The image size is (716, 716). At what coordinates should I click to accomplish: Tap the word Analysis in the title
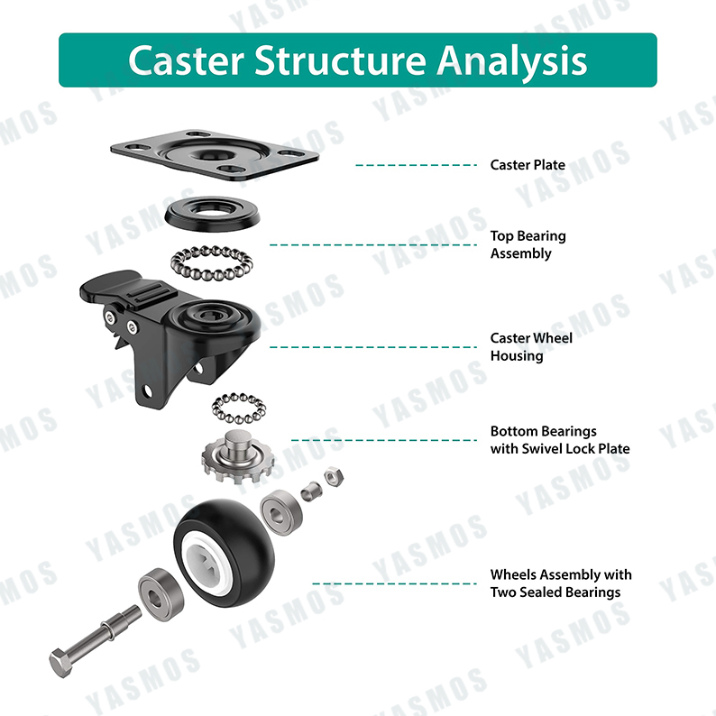click(x=511, y=60)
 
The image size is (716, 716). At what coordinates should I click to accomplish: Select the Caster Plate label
click(x=528, y=165)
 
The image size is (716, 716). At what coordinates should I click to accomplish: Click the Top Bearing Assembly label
click(x=528, y=244)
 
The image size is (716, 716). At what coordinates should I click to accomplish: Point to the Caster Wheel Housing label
click(x=530, y=346)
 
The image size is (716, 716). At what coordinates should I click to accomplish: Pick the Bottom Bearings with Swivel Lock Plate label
click(x=559, y=440)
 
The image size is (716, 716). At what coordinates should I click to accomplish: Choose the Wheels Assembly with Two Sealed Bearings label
click(x=560, y=583)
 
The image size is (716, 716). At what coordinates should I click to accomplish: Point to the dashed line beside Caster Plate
click(x=415, y=165)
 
